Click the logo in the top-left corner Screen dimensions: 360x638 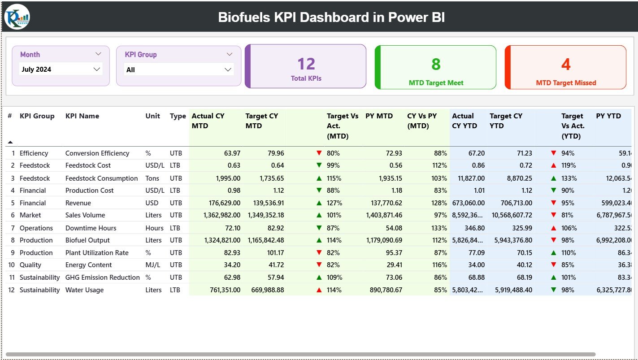coord(17,17)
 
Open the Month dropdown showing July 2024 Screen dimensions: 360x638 coord(61,69)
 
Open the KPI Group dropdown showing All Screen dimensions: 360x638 coord(178,69)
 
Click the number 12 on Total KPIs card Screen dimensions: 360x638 coord(306,64)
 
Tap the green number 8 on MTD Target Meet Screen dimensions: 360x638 coord(436,65)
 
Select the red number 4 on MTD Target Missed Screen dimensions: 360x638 coord(566,65)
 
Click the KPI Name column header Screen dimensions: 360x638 coord(82,116)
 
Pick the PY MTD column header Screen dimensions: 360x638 coord(379,116)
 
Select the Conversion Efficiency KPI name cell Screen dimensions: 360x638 coord(97,153)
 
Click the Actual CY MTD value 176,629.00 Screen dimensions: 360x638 coord(221,203)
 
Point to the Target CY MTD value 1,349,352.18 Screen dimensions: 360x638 coord(265,215)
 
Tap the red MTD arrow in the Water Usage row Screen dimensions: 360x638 coord(319,290)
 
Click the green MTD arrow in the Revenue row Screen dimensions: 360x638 coord(319,203)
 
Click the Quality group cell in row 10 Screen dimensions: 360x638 coord(30,265)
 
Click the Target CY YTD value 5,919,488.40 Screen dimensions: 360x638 coord(513,290)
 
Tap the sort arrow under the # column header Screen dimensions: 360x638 coord(10,142)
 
